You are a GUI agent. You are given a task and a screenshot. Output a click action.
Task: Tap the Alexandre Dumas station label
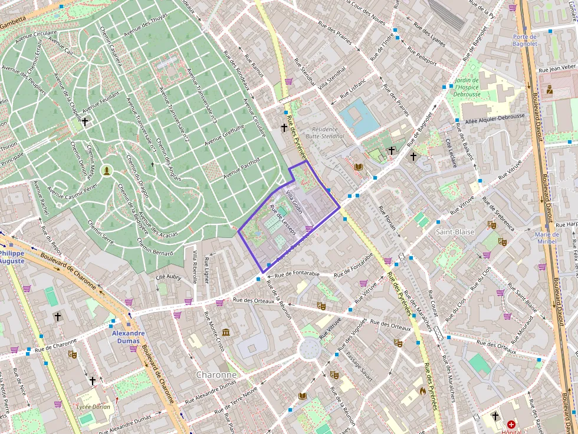point(128,337)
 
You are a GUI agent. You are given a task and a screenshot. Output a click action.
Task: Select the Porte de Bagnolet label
point(524,40)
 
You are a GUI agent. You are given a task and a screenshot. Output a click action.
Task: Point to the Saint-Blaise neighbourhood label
point(455,232)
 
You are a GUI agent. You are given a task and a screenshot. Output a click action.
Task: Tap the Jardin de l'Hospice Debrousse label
point(467,87)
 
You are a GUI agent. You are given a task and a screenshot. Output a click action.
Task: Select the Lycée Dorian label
point(93,406)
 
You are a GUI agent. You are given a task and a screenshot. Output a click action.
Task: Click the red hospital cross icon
point(511,424)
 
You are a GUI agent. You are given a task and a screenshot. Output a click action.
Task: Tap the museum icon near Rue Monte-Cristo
point(226,333)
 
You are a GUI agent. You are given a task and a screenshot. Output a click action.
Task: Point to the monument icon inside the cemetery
point(107,171)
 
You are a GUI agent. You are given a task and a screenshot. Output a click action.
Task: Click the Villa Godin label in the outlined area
point(294,202)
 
